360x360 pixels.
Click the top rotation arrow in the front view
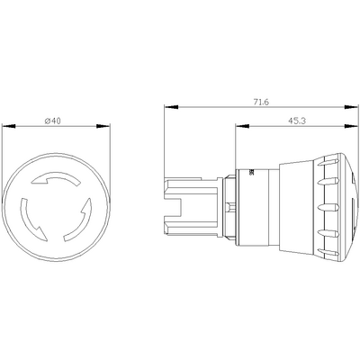(x=49, y=183)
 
